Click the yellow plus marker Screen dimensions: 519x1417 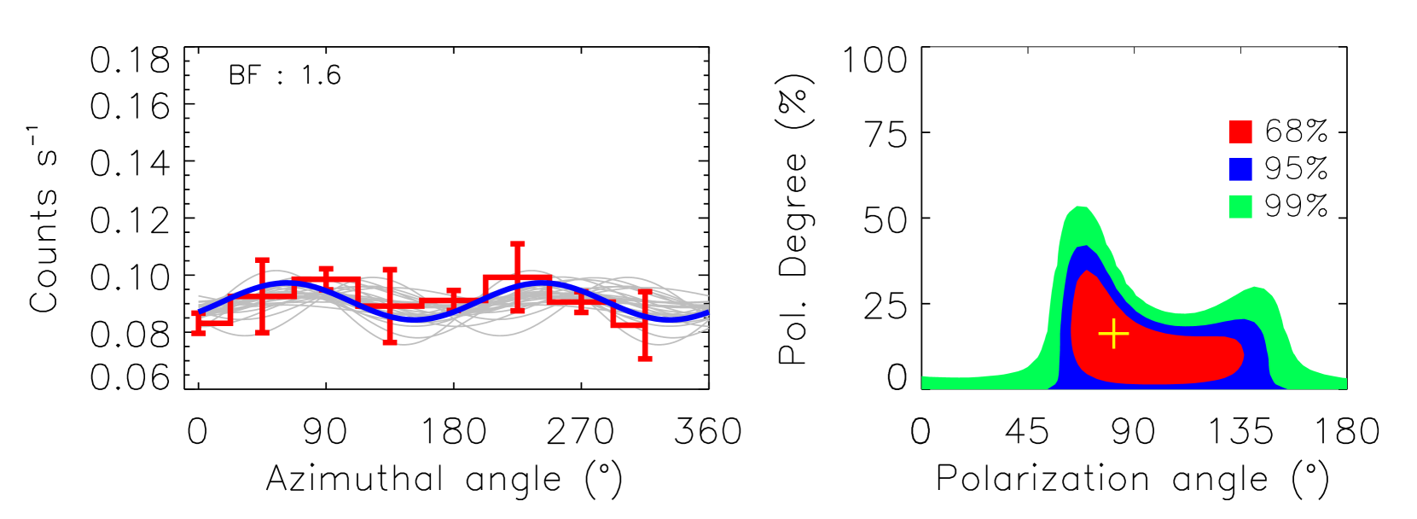pos(1113,334)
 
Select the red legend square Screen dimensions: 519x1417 pos(1240,132)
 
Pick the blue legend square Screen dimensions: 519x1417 pos(1240,169)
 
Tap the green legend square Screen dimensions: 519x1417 pos(1240,207)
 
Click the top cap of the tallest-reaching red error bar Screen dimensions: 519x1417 pos(517,244)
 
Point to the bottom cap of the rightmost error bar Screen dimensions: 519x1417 pos(645,359)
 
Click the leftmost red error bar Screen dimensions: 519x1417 pos(198,323)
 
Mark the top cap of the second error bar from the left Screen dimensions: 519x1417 pos(262,259)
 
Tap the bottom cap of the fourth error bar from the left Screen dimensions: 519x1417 pos(389,342)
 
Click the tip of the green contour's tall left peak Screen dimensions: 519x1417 pos(1080,207)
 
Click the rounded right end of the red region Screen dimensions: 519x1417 pos(1242,355)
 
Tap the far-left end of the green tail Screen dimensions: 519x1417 pos(924,382)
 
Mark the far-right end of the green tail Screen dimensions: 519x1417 pos(1344,383)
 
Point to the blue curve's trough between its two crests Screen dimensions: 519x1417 pos(418,318)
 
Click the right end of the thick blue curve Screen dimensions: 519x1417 pos(707,315)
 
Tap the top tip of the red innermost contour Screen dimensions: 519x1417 pos(1086,271)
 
